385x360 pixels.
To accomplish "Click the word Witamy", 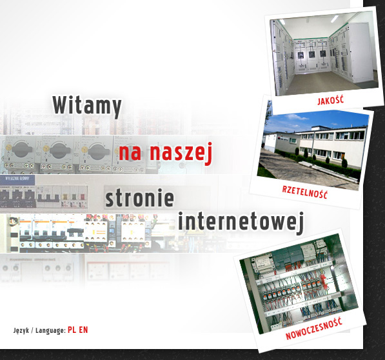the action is pyautogui.click(x=87, y=106).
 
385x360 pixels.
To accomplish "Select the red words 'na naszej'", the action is pyautogui.click(x=166, y=152).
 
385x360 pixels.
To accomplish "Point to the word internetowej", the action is pyautogui.click(x=241, y=222).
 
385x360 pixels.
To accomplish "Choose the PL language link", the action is pyautogui.click(x=72, y=330).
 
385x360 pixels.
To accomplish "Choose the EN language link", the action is pyautogui.click(x=83, y=330).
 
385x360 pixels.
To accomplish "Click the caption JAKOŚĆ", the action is pyautogui.click(x=330, y=101).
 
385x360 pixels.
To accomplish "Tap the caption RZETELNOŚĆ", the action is pyautogui.click(x=304, y=192).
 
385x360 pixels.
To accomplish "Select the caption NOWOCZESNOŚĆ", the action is pyautogui.click(x=314, y=329).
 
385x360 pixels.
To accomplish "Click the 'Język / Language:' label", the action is pyautogui.click(x=39, y=330).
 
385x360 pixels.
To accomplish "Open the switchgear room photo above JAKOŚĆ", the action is pyautogui.click(x=324, y=53).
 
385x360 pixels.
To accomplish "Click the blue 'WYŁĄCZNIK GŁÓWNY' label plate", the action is pyautogui.click(x=17, y=178).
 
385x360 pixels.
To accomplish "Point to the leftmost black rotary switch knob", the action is pyautogui.click(x=23, y=150).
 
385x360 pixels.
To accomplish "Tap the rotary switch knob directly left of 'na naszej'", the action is pyautogui.click(x=99, y=151).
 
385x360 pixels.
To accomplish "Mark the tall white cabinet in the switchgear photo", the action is pyautogui.click(x=361, y=53).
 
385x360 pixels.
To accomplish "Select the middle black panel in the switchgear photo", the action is pyautogui.click(x=311, y=54).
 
